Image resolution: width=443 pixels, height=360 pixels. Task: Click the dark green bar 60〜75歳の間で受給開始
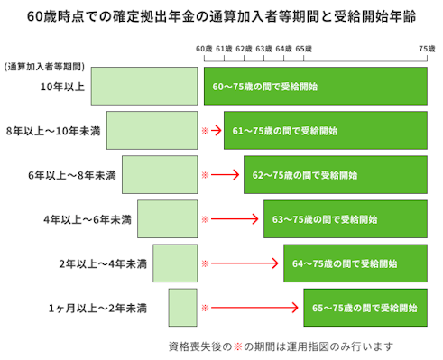pyautogui.click(x=316, y=87)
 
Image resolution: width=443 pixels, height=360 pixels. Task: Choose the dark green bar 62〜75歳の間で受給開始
pyautogui.click(x=336, y=175)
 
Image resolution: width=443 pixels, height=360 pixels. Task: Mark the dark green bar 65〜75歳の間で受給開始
pyautogui.click(x=365, y=308)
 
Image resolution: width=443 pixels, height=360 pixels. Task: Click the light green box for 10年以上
pyautogui.click(x=144, y=87)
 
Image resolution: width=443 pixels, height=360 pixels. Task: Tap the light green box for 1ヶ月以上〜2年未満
pyautogui.click(x=182, y=308)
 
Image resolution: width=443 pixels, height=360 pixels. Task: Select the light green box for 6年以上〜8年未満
pyautogui.click(x=160, y=175)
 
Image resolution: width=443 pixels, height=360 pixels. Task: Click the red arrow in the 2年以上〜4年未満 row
pyautogui.click(x=245, y=263)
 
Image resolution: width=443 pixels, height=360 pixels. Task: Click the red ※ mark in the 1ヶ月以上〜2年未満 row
pyautogui.click(x=205, y=308)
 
